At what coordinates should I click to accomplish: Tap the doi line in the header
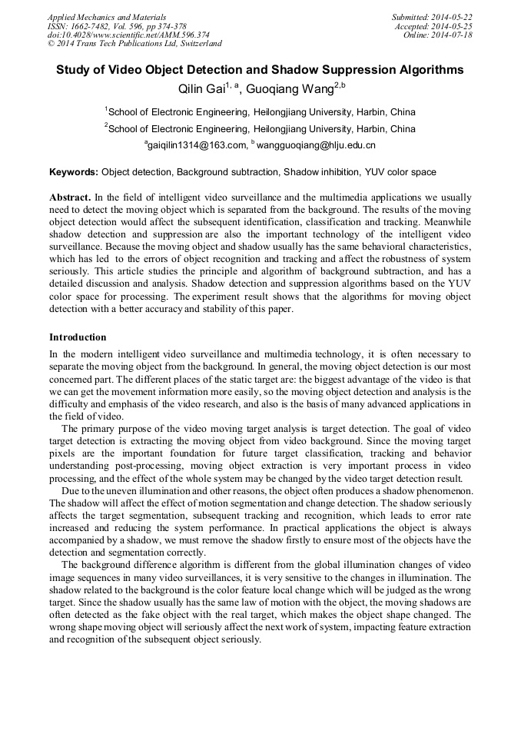pyautogui.click(x=128, y=35)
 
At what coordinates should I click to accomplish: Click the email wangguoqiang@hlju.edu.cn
pyautogui.click(x=316, y=144)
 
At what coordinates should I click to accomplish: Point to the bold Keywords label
pyautogui.click(x=74, y=172)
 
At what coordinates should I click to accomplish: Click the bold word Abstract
pyautogui.click(x=70, y=198)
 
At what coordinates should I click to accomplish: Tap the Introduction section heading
pyautogui.click(x=78, y=337)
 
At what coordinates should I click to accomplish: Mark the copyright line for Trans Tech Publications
pyautogui.click(x=134, y=44)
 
